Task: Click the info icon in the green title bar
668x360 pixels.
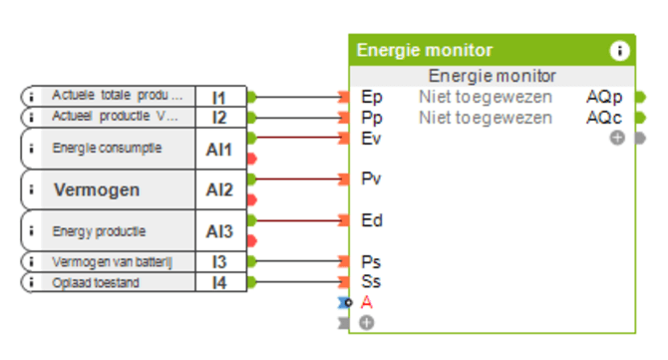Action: click(x=619, y=51)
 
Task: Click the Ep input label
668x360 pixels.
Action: click(x=371, y=97)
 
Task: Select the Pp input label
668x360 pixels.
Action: click(x=371, y=118)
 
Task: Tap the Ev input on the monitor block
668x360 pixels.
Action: click(x=371, y=139)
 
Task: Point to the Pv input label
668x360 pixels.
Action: click(x=371, y=180)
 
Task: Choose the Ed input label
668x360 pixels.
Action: click(x=371, y=220)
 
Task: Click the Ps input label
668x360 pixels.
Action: click(x=371, y=261)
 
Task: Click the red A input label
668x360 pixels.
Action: click(x=367, y=302)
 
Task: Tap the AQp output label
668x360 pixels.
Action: click(x=604, y=97)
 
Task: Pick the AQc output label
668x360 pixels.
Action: click(x=604, y=118)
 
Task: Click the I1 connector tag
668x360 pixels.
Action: click(x=219, y=97)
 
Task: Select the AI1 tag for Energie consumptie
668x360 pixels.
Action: click(x=219, y=149)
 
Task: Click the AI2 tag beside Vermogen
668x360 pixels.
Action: click(x=219, y=189)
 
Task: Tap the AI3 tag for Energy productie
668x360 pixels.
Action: click(x=219, y=231)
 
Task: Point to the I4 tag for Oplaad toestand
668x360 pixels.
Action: click(x=219, y=282)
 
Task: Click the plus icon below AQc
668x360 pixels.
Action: click(x=617, y=138)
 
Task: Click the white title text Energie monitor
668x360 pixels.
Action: click(x=425, y=51)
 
